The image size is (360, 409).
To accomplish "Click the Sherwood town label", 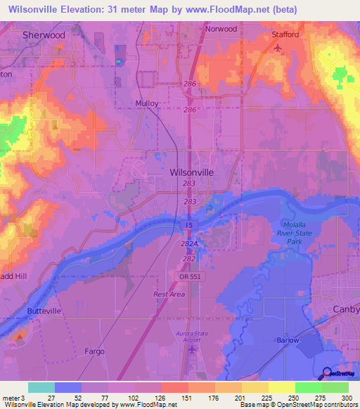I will coord(44,34).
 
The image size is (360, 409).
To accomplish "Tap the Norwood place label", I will coord(220,29).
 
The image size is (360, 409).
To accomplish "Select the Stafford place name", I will coord(285,34).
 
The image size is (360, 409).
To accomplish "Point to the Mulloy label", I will coord(148,103).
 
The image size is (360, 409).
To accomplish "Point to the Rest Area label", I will coord(169,294).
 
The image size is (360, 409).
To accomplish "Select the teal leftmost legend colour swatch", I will coord(41,387).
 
